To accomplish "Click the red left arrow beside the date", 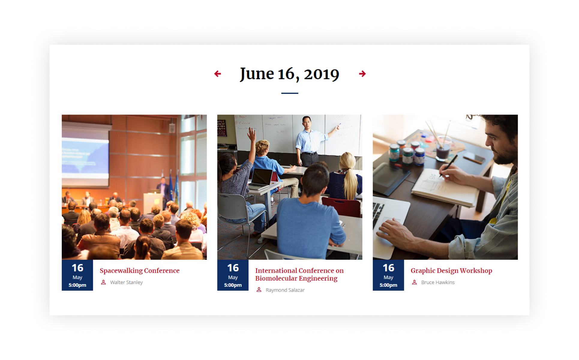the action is pyautogui.click(x=217, y=74).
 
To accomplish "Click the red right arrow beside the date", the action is pyautogui.click(x=362, y=74).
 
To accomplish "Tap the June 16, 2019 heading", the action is pyautogui.click(x=289, y=74).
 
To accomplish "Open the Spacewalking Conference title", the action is pyautogui.click(x=139, y=271).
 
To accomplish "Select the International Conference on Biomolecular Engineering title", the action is pyautogui.click(x=299, y=274).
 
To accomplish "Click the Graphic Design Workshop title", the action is pyautogui.click(x=451, y=271).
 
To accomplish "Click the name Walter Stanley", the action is pyautogui.click(x=126, y=282).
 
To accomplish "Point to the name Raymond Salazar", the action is pyautogui.click(x=285, y=290).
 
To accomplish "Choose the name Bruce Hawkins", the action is pyautogui.click(x=438, y=282).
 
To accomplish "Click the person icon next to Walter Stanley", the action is pyautogui.click(x=103, y=282).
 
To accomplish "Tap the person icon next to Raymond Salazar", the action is pyautogui.click(x=259, y=290).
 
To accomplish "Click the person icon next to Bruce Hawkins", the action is pyautogui.click(x=414, y=282).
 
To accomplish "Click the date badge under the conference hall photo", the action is pyautogui.click(x=77, y=275).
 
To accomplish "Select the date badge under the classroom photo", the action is pyautogui.click(x=233, y=275).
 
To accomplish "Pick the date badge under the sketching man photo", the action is pyautogui.click(x=388, y=275).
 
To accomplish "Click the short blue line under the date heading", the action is pyautogui.click(x=289, y=93).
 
